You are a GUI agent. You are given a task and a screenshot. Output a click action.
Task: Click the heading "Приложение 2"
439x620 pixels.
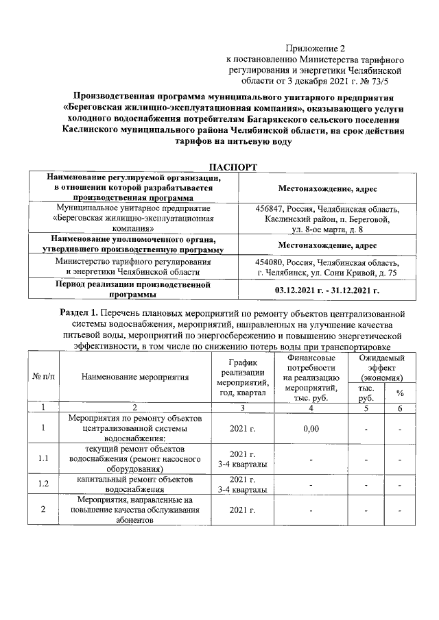[x=315, y=48]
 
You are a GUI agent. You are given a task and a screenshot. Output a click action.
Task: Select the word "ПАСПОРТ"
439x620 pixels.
[x=233, y=166]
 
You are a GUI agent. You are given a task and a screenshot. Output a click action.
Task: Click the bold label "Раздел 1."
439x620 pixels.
[x=79, y=313]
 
